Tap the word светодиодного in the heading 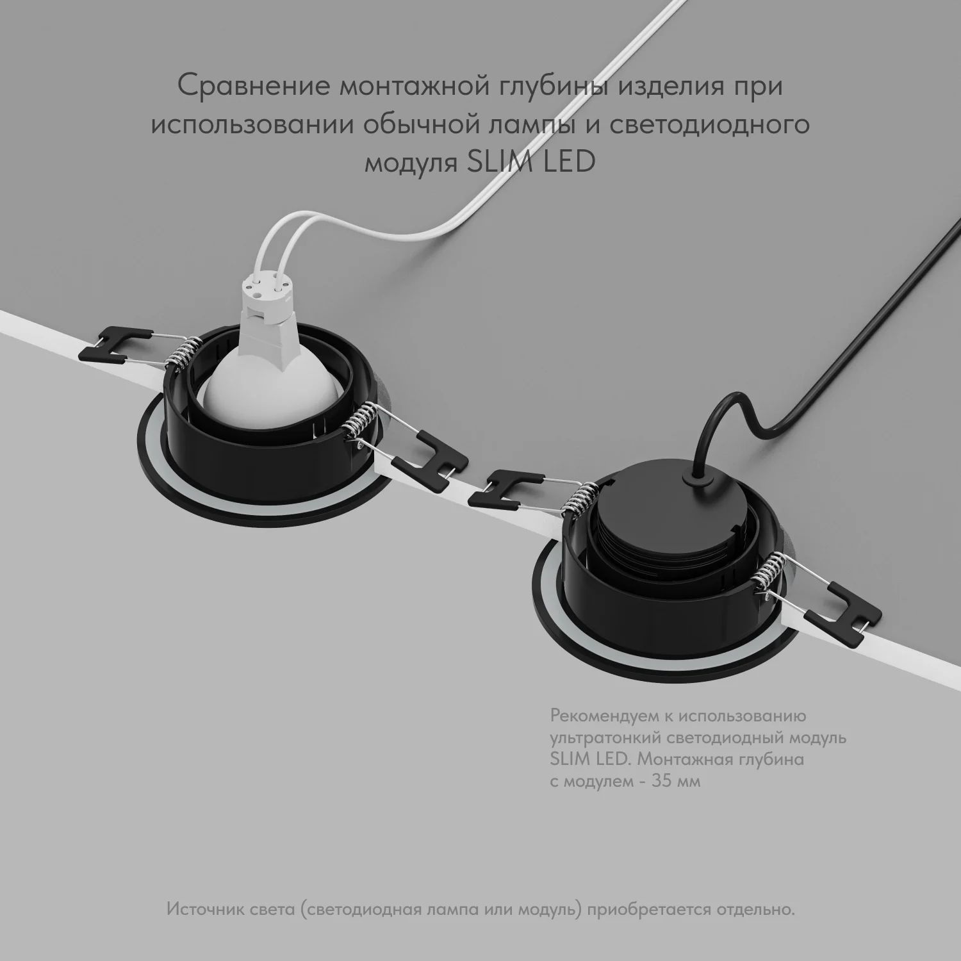click(x=709, y=125)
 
